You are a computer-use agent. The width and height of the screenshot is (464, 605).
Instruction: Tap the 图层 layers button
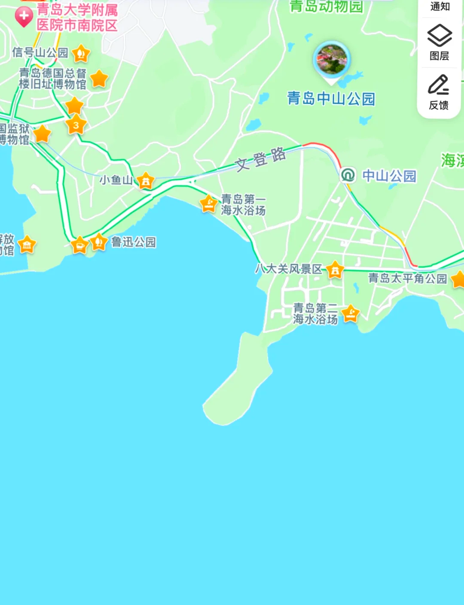coord(439,42)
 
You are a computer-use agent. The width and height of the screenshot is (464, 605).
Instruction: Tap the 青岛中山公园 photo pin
coord(331,60)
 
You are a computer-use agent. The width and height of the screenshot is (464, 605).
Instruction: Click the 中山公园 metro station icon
coord(348,175)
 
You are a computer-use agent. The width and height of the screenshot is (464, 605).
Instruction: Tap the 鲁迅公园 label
coord(133,242)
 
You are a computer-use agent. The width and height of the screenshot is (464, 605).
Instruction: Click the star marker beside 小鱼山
coord(146,181)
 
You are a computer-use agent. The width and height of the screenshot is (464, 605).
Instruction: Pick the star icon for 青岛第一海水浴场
coord(209,203)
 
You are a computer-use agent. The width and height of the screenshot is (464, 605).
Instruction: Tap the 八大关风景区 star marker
coord(335,270)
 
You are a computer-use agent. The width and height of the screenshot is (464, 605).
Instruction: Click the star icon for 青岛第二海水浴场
coord(351,313)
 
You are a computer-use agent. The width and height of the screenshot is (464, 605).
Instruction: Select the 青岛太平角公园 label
coord(407,278)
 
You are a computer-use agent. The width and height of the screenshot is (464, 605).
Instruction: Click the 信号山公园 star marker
coord(81,54)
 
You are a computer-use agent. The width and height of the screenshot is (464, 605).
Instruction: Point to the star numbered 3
coord(76,125)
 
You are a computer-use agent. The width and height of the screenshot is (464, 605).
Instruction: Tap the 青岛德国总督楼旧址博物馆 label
coord(52,79)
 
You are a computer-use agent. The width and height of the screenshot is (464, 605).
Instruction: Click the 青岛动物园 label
coord(327,6)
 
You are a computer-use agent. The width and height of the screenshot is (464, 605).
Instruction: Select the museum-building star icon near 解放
coord(27,245)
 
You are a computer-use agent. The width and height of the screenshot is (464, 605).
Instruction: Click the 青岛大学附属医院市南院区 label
coord(77,17)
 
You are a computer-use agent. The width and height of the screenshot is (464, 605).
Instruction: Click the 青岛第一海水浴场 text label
coord(243,205)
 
